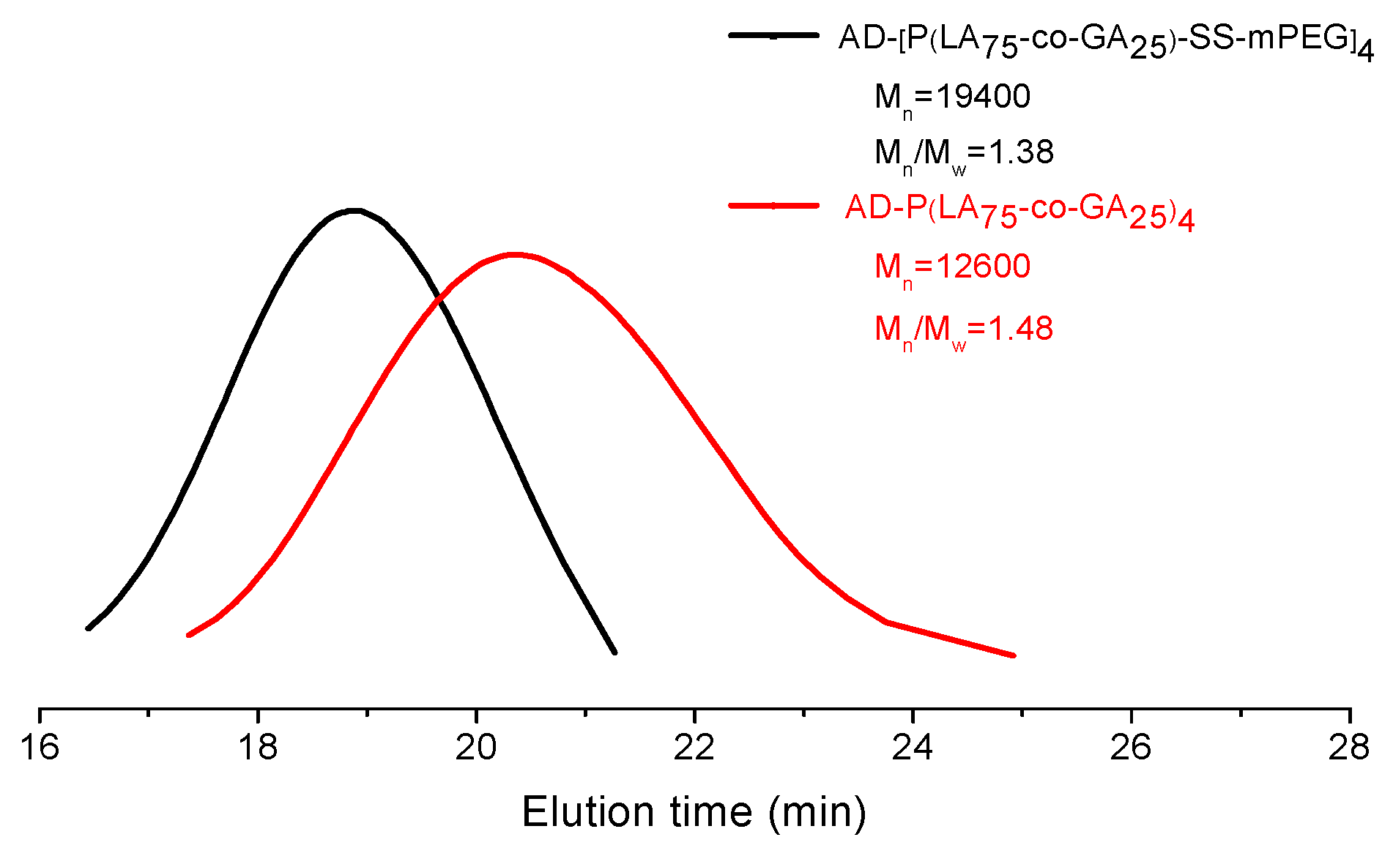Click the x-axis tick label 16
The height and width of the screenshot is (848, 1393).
click(x=40, y=748)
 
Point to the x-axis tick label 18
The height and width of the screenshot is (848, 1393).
click(x=258, y=748)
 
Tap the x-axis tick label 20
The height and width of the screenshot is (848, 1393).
click(x=476, y=748)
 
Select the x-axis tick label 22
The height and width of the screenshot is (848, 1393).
click(x=694, y=748)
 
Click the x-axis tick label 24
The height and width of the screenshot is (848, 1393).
click(x=913, y=748)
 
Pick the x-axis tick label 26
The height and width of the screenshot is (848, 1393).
click(x=1131, y=748)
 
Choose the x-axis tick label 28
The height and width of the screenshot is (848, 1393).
click(x=1348, y=748)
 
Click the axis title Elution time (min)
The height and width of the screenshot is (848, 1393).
click(x=694, y=812)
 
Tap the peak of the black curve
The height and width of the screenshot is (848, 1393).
click(x=355, y=211)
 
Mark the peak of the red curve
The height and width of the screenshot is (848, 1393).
click(x=516, y=255)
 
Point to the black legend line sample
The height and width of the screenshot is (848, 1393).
click(x=773, y=35)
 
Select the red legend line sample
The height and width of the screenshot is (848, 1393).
click(x=773, y=206)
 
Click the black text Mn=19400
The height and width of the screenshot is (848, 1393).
click(x=952, y=97)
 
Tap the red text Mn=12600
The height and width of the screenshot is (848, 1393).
click(x=952, y=267)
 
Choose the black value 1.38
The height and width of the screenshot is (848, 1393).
click(x=1021, y=152)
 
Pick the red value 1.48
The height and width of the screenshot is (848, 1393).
click(x=1021, y=329)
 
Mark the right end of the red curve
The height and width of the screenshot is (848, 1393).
click(x=1014, y=655)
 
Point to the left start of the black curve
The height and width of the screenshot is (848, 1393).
click(x=88, y=628)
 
